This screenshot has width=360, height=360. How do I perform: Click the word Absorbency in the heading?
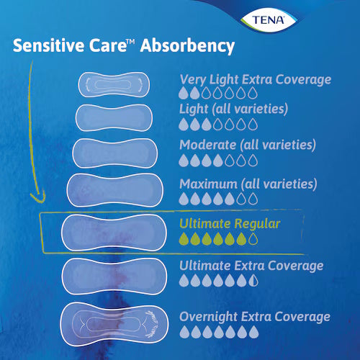coord(188,47)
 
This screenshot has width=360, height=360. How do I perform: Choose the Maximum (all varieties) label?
coord(248,184)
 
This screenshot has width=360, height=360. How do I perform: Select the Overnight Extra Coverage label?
coord(255,316)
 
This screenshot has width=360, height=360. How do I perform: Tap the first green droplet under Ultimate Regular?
coord(184,239)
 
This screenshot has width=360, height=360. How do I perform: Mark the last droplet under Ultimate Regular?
coord(253,239)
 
